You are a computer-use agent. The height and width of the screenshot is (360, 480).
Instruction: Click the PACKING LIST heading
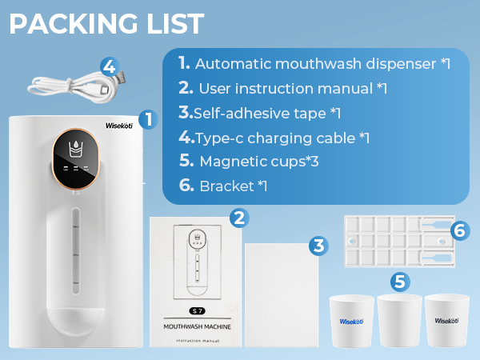(x=106, y=24)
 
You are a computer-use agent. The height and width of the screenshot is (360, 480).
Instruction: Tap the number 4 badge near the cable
(x=110, y=66)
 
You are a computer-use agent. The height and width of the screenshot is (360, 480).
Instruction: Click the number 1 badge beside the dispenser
(x=146, y=120)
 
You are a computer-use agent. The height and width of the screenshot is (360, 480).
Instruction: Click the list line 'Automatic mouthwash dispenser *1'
(x=314, y=63)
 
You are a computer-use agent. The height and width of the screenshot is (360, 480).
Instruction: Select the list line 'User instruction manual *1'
(x=283, y=88)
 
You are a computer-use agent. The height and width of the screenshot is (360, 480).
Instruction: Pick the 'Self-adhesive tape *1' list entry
(x=260, y=113)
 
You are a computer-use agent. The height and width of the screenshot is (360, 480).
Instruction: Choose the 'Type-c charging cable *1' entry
(x=274, y=138)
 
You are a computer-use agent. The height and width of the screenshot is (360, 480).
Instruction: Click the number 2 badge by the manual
(x=238, y=217)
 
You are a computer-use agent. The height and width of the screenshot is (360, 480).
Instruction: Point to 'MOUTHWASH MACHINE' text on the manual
(x=197, y=327)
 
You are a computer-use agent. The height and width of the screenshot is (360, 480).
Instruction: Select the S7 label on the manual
(x=197, y=309)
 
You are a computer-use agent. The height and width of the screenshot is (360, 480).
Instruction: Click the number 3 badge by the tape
(x=318, y=245)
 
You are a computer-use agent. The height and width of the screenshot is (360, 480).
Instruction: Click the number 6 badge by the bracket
(x=458, y=230)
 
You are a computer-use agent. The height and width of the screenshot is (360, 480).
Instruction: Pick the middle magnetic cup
(x=399, y=321)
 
